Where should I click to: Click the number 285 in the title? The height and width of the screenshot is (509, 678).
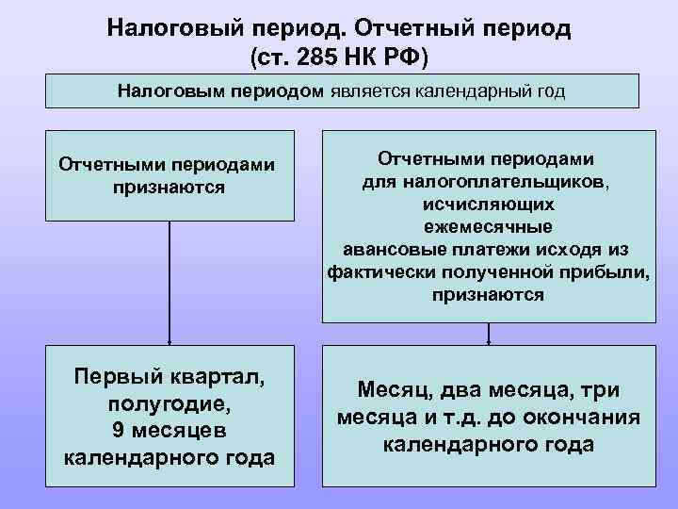click(x=315, y=57)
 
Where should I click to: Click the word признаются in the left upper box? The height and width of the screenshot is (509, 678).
click(x=169, y=186)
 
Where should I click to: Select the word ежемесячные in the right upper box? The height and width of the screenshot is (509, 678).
click(x=488, y=226)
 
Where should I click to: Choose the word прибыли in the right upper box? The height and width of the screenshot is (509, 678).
click(x=610, y=271)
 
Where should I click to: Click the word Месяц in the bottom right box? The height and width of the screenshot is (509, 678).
click(x=389, y=390)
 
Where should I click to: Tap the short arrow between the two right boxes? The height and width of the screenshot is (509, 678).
click(x=488, y=334)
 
